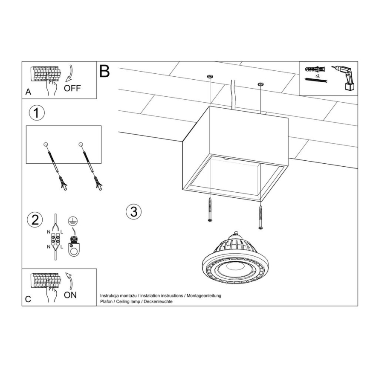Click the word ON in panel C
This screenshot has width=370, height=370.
point(70,295)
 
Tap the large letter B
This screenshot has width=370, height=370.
point(104,71)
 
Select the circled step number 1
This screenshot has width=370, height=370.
point(36,113)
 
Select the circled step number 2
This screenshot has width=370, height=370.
point(35,220)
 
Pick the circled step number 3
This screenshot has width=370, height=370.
point(134,211)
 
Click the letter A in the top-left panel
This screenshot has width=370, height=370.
point(28,92)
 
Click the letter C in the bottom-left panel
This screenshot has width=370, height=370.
point(28,299)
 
